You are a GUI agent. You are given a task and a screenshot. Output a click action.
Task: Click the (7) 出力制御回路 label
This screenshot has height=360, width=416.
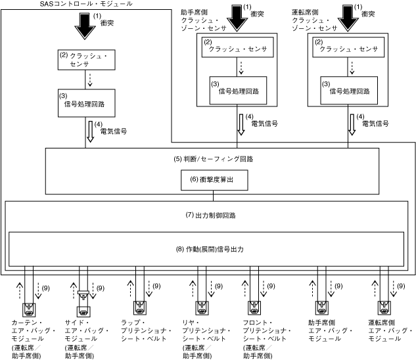click(x=210, y=215)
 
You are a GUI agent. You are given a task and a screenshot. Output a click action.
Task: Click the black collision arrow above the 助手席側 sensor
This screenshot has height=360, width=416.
click(x=235, y=17)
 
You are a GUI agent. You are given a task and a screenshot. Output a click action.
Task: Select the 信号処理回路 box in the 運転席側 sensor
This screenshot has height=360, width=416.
click(x=346, y=89)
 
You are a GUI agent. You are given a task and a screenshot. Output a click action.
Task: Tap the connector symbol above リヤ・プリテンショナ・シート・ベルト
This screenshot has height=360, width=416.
click(x=198, y=307)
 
